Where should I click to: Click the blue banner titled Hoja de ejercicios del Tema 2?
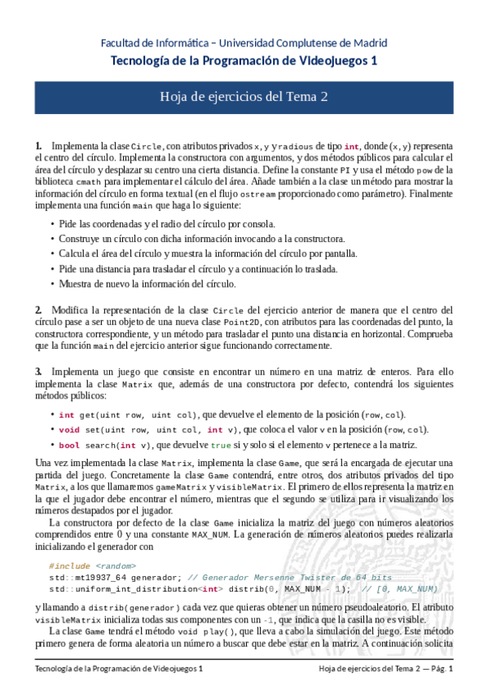click(244, 97)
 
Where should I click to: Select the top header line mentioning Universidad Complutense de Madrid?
click(244, 43)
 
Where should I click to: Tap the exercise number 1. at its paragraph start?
click(38, 144)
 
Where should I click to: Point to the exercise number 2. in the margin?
click(38, 310)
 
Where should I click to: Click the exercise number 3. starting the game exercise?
click(38, 372)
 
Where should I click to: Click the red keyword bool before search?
click(69, 445)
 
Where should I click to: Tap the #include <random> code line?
click(92, 566)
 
